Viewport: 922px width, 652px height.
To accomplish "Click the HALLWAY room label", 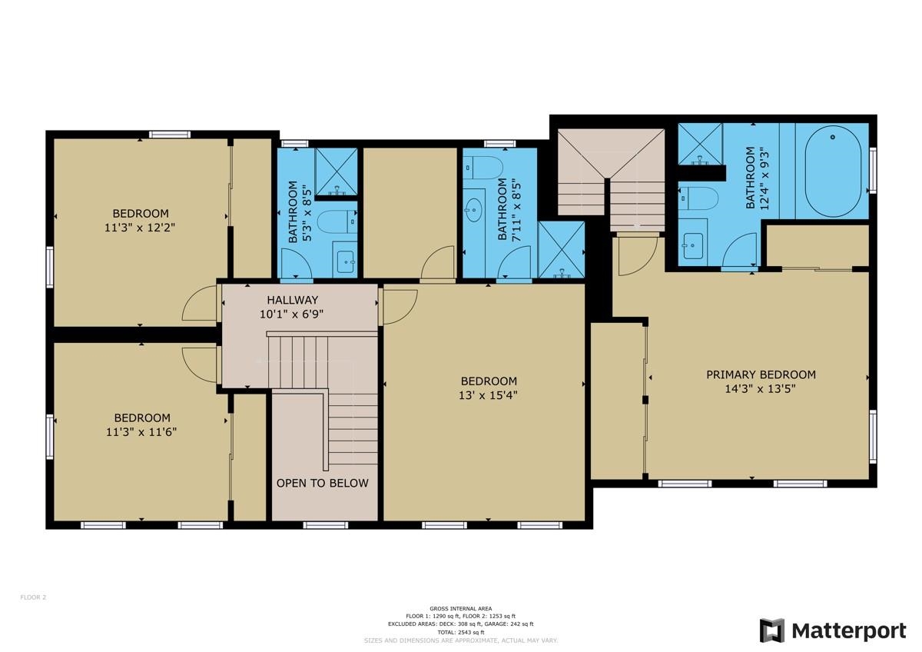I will pyautogui.click(x=292, y=300).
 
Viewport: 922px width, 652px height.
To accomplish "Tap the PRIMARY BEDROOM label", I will pyautogui.click(x=761, y=374).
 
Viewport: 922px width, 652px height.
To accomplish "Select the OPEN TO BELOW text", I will pyautogui.click(x=322, y=483).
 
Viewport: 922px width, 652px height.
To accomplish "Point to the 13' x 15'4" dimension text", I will pyautogui.click(x=489, y=395).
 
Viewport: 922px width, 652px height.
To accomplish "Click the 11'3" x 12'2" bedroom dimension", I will pyautogui.click(x=141, y=228).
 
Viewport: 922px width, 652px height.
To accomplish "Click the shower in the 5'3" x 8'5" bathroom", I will pyautogui.click(x=337, y=170).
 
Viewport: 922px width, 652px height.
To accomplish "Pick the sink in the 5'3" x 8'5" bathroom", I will pyautogui.click(x=345, y=258).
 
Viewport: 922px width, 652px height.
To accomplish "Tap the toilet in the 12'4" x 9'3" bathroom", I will pyautogui.click(x=698, y=198).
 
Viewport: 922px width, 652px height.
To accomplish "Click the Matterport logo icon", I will pyautogui.click(x=772, y=630).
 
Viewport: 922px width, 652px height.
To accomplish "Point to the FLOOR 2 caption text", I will pyautogui.click(x=33, y=597).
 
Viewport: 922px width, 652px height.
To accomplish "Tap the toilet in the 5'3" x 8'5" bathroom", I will pyautogui.click(x=337, y=221).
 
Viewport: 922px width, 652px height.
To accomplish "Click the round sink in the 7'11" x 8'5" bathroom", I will pyautogui.click(x=474, y=206).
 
